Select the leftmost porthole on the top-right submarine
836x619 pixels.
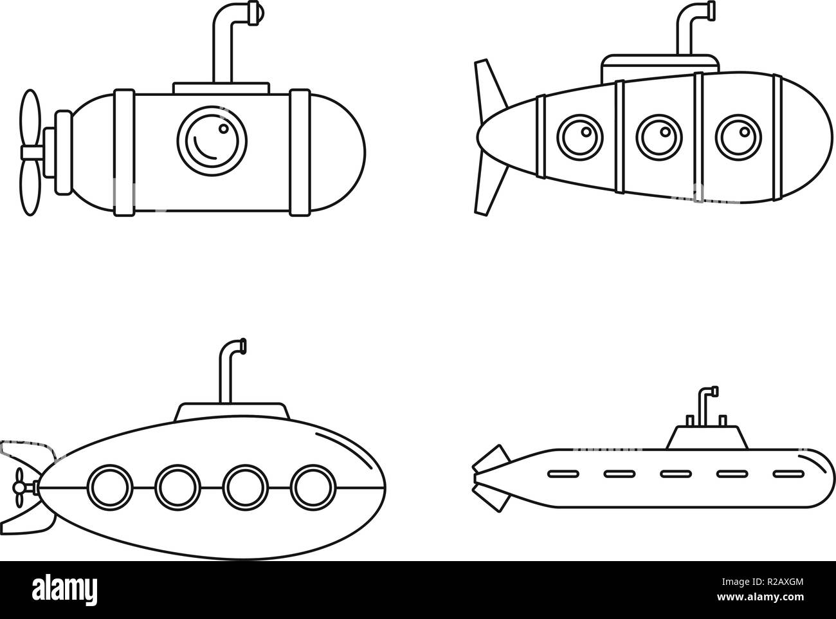(x=581, y=136)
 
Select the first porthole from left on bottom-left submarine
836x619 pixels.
(x=109, y=486)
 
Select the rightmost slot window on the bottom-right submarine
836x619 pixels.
(x=786, y=474)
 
